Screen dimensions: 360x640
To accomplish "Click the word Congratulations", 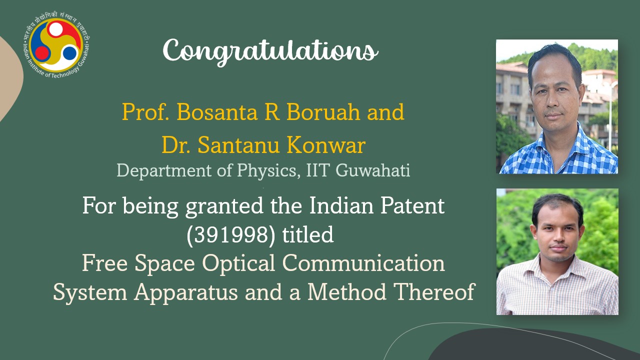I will (270, 51).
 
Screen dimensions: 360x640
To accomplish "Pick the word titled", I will (308, 234).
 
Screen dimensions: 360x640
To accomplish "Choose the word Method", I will (346, 292).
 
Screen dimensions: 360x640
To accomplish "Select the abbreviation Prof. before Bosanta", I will (145, 112).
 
